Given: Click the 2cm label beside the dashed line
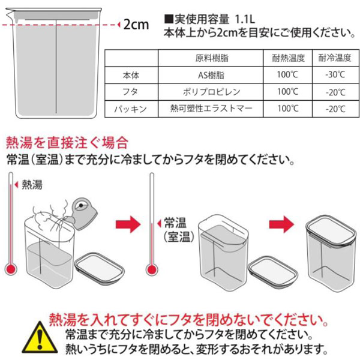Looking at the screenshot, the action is click(136, 25).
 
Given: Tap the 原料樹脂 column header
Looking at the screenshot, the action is click(212, 58).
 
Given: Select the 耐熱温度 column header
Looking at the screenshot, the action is click(288, 58).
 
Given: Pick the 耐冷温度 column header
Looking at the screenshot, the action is click(335, 58).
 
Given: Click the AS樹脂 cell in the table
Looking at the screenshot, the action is click(211, 75).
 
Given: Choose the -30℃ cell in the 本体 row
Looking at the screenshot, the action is click(335, 74).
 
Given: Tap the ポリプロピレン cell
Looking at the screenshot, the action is click(211, 92).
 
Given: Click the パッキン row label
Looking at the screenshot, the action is click(130, 109).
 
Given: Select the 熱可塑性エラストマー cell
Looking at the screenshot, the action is click(211, 108).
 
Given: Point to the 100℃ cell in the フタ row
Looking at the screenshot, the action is click(287, 92).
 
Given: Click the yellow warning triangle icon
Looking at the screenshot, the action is click(40, 337).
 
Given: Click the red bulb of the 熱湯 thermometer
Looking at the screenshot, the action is click(11, 269).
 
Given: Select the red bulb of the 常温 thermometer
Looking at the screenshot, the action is click(152, 269).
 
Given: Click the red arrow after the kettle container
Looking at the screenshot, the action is click(128, 224).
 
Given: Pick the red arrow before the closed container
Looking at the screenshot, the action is click(281, 224).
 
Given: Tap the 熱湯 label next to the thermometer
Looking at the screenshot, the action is click(32, 185).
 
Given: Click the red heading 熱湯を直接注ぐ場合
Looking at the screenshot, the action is click(67, 143).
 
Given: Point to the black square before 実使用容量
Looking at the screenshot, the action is click(169, 19).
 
